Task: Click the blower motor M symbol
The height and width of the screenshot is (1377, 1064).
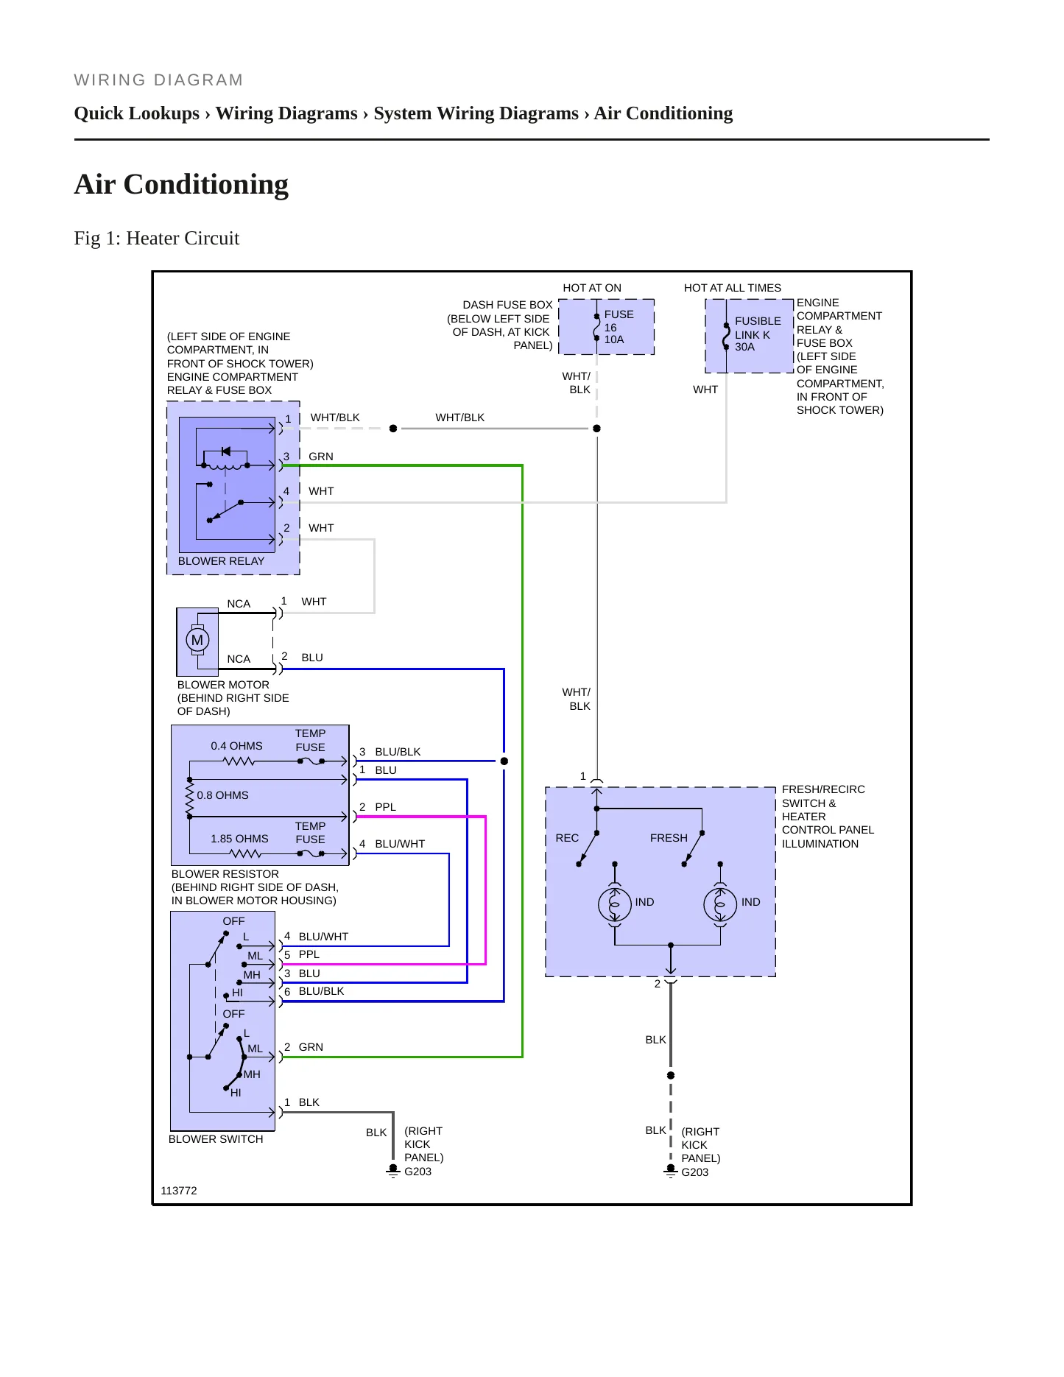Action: [197, 640]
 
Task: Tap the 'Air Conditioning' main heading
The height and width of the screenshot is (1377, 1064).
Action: [181, 184]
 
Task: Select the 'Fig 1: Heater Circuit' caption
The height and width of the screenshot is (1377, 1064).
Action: [157, 238]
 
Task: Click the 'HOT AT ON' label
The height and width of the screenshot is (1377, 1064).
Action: [592, 288]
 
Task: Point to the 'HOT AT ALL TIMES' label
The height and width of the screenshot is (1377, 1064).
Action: [733, 288]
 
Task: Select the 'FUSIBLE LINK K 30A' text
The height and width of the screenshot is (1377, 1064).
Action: [758, 334]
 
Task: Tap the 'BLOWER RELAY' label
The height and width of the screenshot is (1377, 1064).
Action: [221, 561]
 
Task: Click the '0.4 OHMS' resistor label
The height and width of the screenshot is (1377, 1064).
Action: [236, 746]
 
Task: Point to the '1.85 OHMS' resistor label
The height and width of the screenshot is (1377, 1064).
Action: [239, 839]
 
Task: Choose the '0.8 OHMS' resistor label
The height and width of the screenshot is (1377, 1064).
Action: [222, 795]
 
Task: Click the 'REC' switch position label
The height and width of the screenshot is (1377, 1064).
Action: [567, 838]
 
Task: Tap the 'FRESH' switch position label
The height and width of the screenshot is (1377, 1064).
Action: [669, 838]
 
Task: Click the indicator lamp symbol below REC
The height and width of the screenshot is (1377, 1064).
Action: [615, 904]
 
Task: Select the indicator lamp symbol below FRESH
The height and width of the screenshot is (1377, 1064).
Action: [720, 904]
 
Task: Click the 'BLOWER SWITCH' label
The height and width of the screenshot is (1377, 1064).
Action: [216, 1139]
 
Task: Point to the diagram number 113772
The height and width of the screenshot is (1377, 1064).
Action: [179, 1191]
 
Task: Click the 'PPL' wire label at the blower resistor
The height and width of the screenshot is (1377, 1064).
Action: [385, 807]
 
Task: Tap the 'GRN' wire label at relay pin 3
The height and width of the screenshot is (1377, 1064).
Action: [321, 457]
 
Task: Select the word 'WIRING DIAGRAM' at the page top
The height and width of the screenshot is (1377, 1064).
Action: [158, 80]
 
